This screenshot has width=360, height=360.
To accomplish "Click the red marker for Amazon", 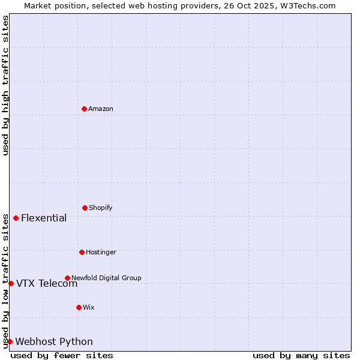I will coord(84,109).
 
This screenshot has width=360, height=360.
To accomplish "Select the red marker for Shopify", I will coord(85,208).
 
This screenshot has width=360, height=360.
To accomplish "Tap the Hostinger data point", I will coord(82,252).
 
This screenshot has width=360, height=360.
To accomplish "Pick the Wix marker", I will coord(79,307).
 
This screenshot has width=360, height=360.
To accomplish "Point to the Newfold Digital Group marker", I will coord(67,278).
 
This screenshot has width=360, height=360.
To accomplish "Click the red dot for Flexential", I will coord(16,218).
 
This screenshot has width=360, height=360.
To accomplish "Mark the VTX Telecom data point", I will coord(11,283).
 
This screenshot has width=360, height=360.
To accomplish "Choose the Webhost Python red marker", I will coord(10,341).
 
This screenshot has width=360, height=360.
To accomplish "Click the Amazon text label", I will coord(101,109).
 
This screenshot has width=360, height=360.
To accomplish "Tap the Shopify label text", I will coord(101,208).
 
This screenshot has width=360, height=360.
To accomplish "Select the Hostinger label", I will coord(101,253).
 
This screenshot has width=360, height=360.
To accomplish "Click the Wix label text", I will coord(89,308).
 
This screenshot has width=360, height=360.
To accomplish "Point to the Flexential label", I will coord(44,218).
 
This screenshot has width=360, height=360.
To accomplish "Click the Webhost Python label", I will coord(54,342).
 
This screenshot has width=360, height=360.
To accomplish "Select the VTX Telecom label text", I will coord(47,284).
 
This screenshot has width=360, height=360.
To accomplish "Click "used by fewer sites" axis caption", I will coord(62,355).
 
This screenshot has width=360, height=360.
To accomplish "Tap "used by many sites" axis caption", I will coord(301,355).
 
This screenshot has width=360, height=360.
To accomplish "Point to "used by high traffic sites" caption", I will coord(5,85).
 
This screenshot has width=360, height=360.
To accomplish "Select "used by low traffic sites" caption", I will coord(5,281).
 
